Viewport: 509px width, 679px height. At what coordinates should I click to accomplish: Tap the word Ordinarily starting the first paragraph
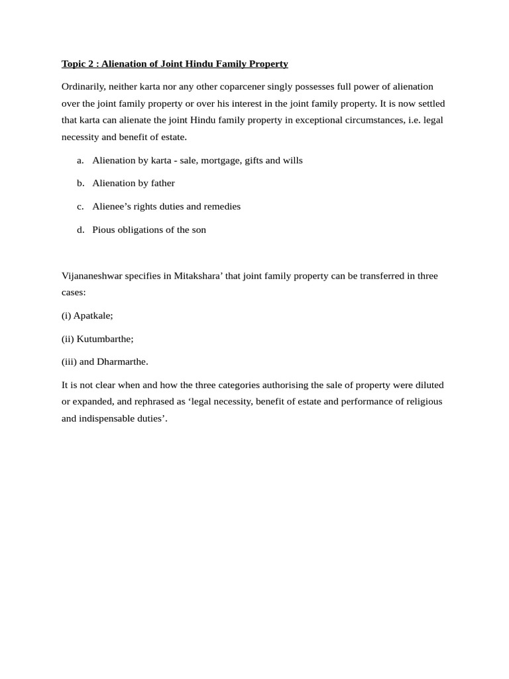point(84,87)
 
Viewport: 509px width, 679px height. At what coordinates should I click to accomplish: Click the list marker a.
point(80,160)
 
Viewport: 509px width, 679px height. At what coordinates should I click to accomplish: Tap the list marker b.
point(80,184)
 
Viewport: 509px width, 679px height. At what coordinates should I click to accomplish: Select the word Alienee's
point(111,207)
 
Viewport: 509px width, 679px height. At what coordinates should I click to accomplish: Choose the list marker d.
point(80,230)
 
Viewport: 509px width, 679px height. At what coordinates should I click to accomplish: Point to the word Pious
point(104,230)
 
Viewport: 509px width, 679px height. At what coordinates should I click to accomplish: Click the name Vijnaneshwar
point(91,276)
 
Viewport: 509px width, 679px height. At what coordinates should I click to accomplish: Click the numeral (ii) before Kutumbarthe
point(68,339)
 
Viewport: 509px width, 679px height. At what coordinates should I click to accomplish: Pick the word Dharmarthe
point(123,362)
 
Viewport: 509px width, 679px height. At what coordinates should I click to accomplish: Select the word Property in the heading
point(268,64)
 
